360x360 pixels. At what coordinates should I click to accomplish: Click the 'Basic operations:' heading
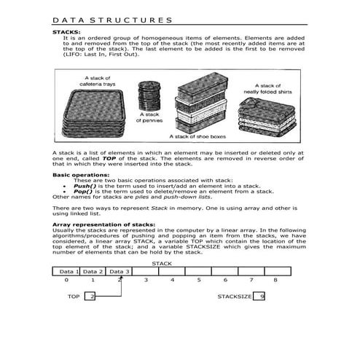[81, 175]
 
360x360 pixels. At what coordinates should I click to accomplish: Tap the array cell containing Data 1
[66, 270]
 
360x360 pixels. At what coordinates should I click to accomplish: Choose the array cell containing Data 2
[93, 270]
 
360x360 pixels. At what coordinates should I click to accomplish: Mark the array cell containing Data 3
[120, 270]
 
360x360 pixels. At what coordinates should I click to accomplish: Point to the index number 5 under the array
[198, 280]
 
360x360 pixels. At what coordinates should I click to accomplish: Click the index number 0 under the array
[66, 280]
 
